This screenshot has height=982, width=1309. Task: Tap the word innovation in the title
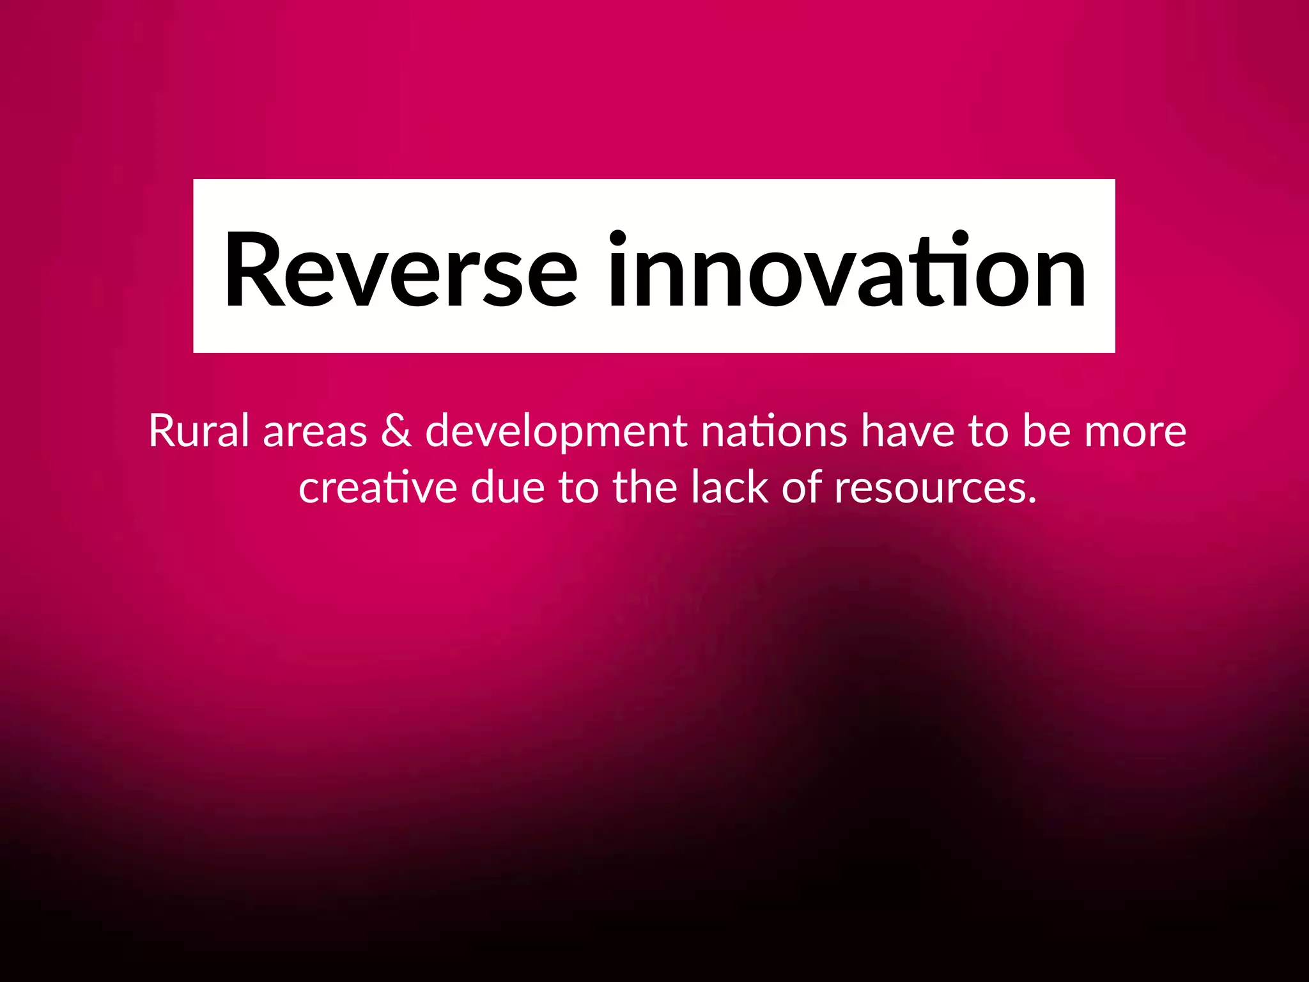pos(846,270)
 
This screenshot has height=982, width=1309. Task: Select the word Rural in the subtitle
pos(199,431)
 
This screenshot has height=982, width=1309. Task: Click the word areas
pos(315,432)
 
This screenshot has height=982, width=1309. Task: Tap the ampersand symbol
pos(396,431)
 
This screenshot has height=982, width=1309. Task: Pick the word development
pos(556,432)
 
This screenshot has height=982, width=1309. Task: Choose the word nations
pos(774,431)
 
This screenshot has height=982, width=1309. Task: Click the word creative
pos(378,488)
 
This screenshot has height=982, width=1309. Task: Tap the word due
pos(508,488)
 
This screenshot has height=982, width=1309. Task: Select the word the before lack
pos(645,488)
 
